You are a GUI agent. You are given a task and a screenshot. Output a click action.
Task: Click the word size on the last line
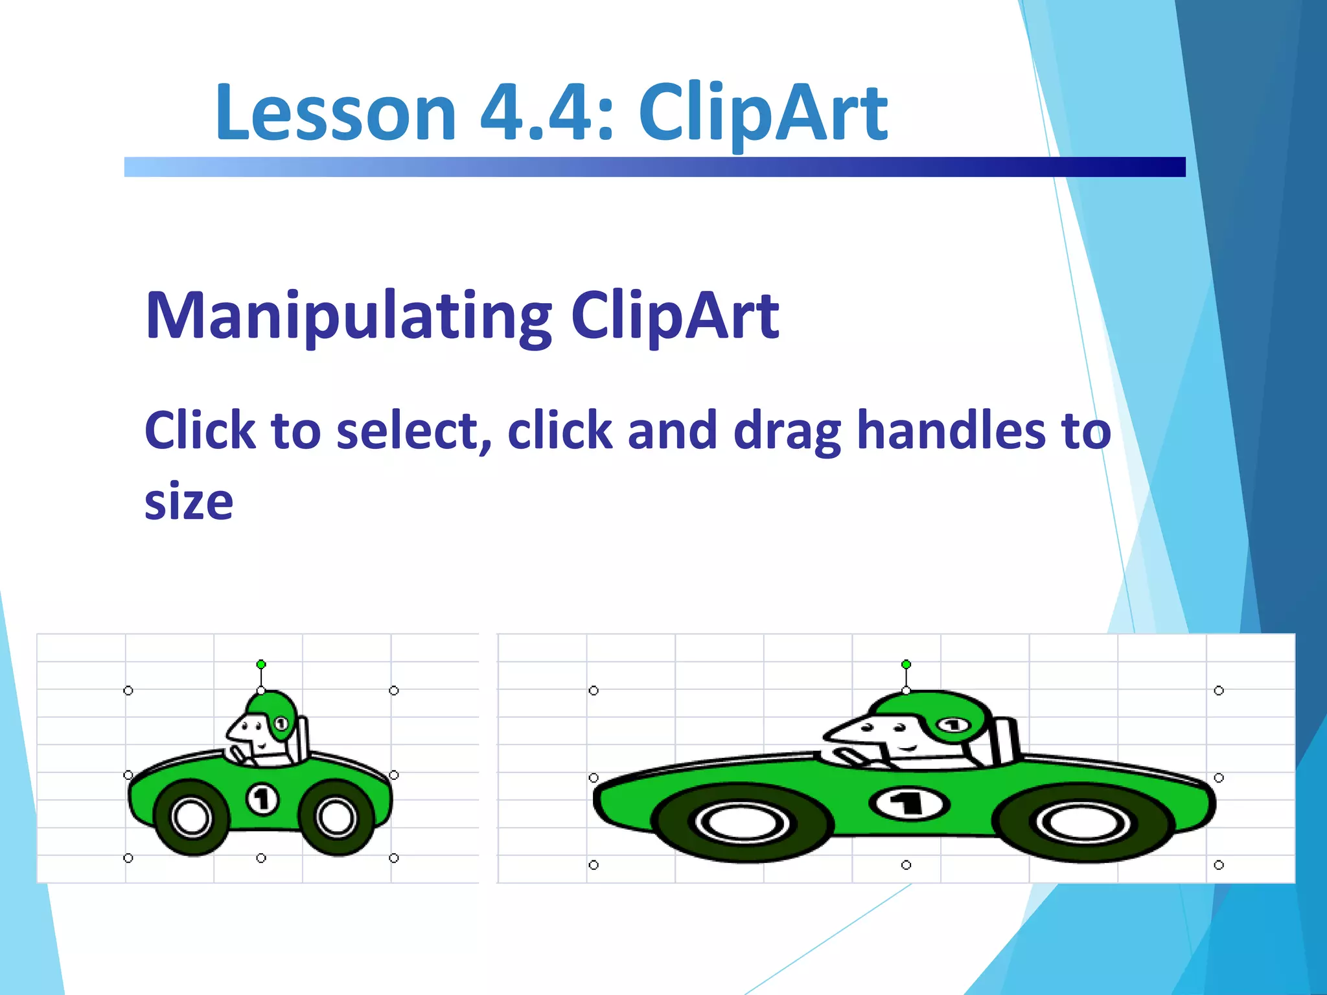point(189,501)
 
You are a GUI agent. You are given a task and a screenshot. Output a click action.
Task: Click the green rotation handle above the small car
point(261,664)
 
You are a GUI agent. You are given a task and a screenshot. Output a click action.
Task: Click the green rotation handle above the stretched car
point(906,664)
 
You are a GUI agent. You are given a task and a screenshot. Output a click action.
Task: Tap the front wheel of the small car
point(192,818)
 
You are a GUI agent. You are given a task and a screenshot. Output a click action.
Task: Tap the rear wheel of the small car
point(337,818)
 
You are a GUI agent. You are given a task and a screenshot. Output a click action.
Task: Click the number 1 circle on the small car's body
point(262,799)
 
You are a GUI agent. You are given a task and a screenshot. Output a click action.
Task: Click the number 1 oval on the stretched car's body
point(908,804)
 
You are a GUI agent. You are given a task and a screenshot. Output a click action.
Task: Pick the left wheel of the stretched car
point(743,823)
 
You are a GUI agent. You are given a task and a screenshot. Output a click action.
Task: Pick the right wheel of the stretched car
point(1083,823)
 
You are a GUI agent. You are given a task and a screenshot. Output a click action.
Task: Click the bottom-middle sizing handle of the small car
point(261,858)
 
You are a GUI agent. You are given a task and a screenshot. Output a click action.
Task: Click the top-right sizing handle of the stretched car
point(1219,691)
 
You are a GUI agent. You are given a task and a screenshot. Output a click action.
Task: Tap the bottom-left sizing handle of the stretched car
point(594,865)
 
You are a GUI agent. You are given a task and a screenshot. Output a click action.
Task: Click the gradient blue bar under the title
point(654,167)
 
